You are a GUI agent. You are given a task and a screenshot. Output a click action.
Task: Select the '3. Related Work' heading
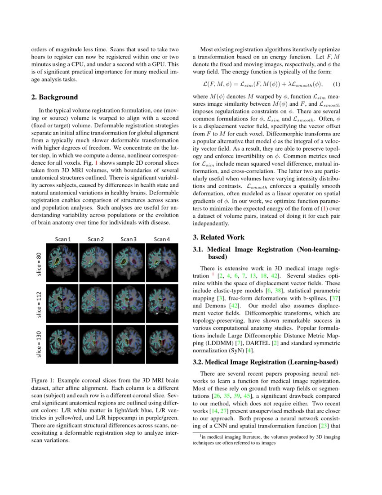218,237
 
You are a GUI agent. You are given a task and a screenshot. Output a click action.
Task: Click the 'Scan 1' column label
63,239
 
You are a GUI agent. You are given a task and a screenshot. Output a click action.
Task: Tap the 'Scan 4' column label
162,239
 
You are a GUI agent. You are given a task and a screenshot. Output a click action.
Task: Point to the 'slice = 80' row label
39,259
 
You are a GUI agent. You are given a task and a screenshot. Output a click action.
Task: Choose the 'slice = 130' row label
39,343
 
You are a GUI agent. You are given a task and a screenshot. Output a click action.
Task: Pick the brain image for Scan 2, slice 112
96,301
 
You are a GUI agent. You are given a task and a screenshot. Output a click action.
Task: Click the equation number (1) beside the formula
336,84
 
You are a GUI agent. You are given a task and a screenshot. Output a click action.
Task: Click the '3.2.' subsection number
199,362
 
